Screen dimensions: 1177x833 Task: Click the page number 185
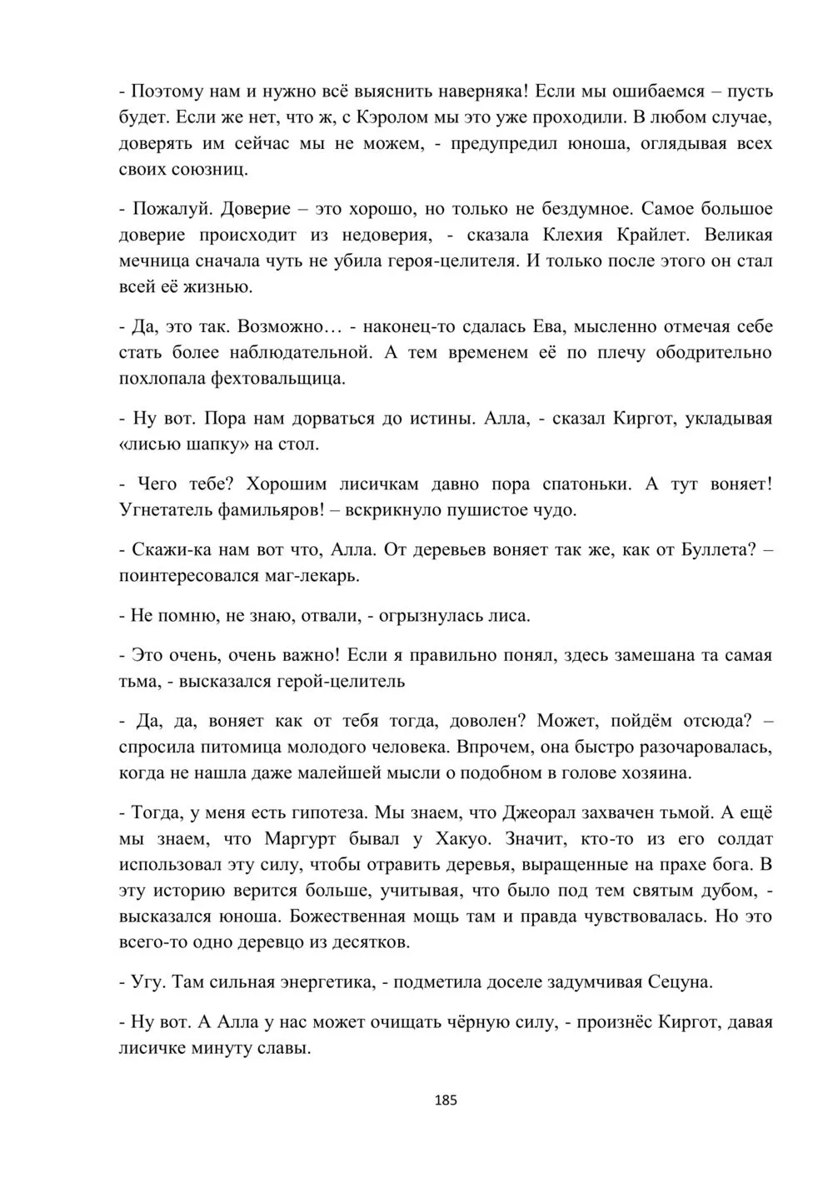[x=446, y=1100]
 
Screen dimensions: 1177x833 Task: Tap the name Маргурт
[x=304, y=838]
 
